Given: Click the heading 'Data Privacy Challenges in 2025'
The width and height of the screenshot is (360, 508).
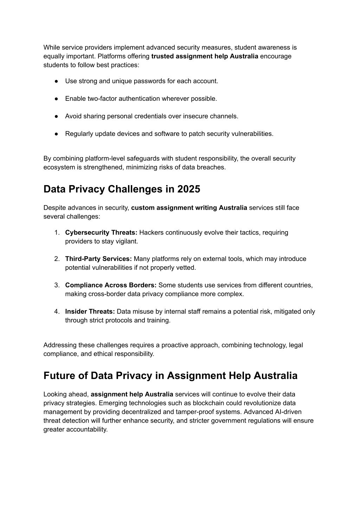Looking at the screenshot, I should click(x=122, y=189).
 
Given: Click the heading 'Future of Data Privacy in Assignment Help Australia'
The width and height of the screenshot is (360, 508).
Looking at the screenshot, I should click(x=170, y=376).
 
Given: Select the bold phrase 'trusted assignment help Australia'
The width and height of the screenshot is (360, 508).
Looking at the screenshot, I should click(x=205, y=56).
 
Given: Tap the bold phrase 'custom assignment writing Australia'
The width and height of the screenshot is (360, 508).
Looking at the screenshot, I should click(x=189, y=208).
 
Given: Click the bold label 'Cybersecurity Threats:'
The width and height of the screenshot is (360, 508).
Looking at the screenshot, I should click(x=101, y=233).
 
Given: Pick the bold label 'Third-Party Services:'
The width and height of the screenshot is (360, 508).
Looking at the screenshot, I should click(x=98, y=259).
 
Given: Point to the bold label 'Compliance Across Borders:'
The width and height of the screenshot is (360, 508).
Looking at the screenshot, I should click(x=111, y=285).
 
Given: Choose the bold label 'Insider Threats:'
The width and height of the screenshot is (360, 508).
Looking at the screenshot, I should click(x=90, y=312).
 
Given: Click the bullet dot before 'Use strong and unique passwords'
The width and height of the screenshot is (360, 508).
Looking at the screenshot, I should click(x=56, y=81).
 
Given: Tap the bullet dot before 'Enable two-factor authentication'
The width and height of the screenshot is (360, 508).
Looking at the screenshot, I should click(x=56, y=99).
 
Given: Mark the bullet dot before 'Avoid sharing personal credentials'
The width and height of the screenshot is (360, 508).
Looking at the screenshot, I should click(x=56, y=116).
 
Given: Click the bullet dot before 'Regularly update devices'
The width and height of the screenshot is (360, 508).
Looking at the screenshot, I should click(x=56, y=134).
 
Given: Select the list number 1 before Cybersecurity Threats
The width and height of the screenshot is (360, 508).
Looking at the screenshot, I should click(x=57, y=233).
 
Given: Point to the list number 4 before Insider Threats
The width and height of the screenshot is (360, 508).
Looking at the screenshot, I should click(x=57, y=312).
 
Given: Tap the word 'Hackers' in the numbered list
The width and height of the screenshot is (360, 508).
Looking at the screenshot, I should click(x=150, y=233).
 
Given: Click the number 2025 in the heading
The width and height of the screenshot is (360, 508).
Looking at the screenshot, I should click(x=189, y=189).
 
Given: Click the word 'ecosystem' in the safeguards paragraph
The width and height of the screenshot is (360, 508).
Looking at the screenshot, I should click(x=58, y=167).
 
